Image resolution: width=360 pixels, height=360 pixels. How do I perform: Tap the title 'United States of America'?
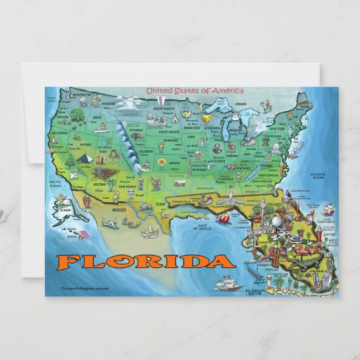(x=195, y=91)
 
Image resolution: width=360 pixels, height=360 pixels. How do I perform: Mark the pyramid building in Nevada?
(x=84, y=158)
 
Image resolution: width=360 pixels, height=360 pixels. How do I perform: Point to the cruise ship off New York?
(x=299, y=148)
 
